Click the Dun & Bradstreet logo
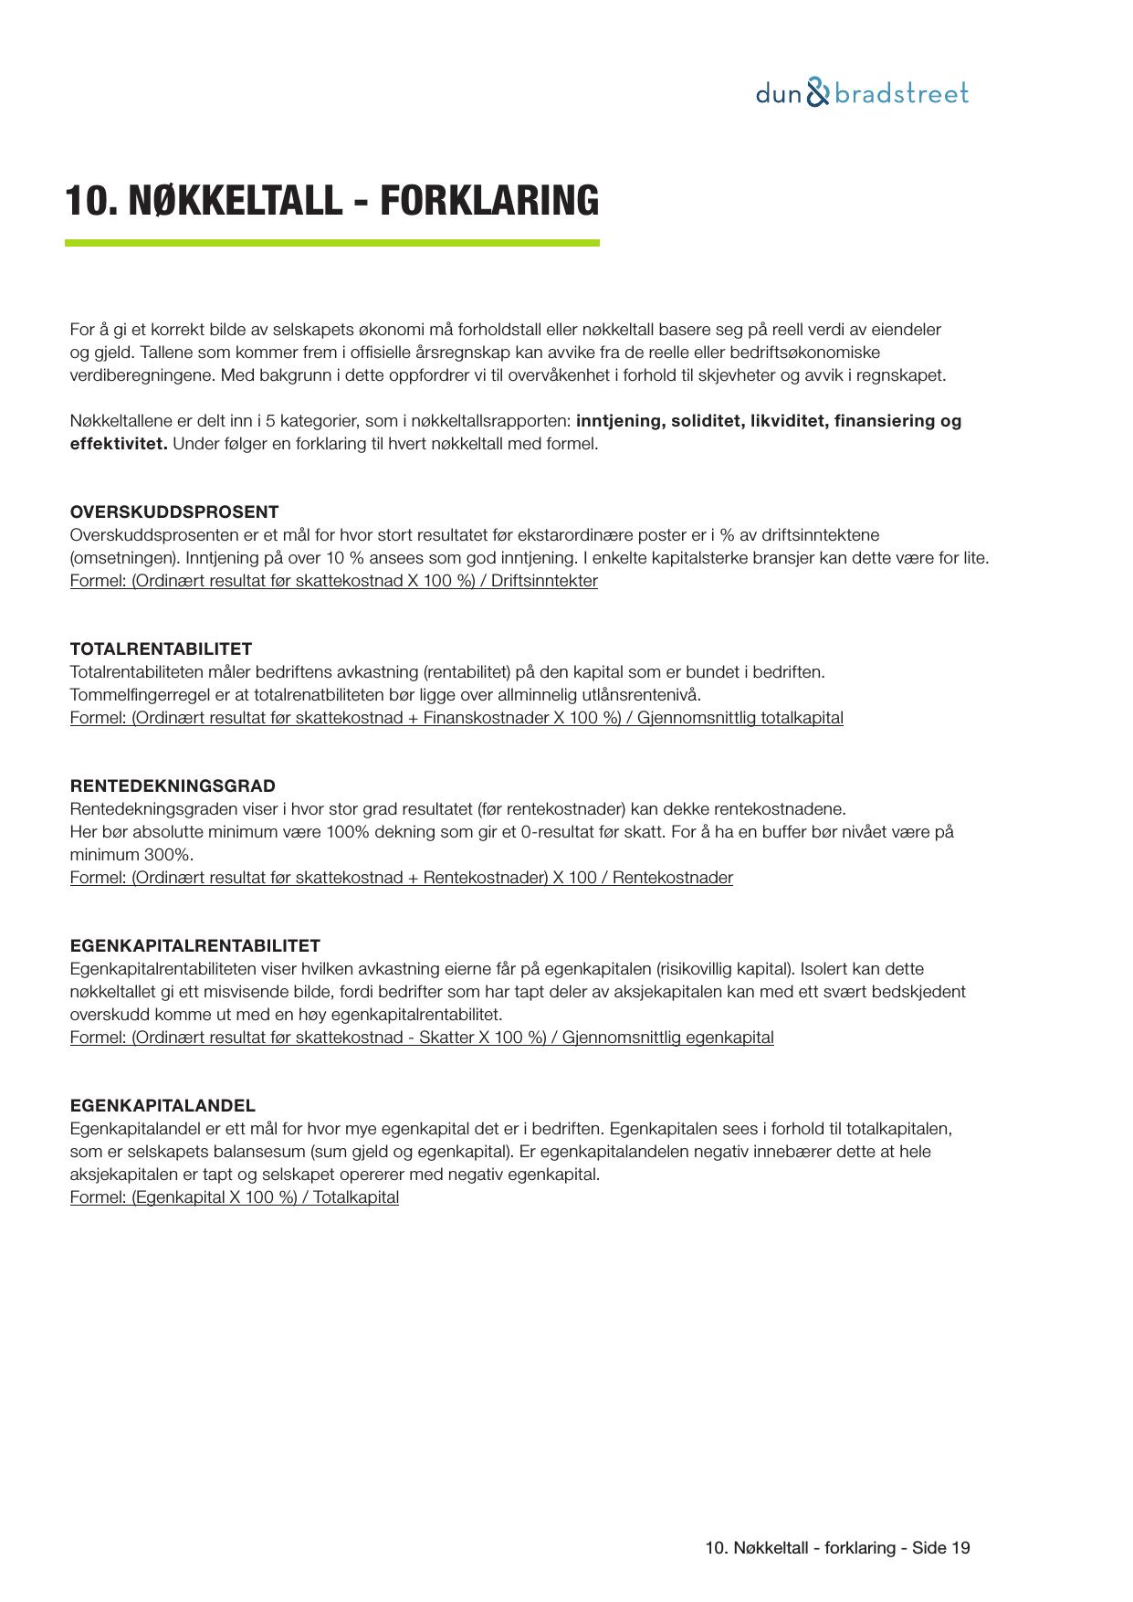862,93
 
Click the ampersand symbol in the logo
819,93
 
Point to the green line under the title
331,243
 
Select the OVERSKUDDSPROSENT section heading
174,511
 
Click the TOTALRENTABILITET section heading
161,648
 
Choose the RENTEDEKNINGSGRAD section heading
173,785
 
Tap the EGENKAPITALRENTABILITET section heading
194,945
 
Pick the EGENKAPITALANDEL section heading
163,1105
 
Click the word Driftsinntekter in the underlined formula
544,581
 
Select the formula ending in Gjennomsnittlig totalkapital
456,718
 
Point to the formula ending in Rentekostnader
402,878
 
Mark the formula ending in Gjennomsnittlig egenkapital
422,1038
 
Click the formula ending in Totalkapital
235,1197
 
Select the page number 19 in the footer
960,1547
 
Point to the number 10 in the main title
85,201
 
